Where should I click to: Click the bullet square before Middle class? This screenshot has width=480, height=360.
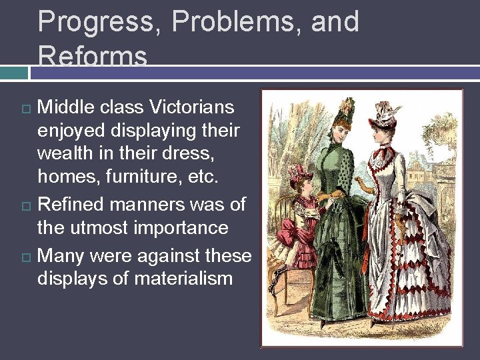(x=25, y=108)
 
